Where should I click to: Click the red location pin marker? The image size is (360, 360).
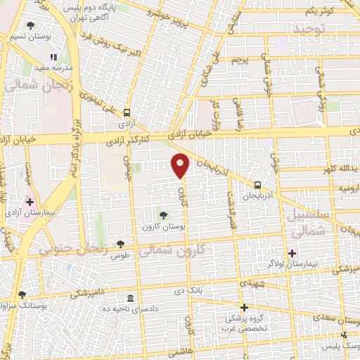pyautogui.click(x=181, y=165)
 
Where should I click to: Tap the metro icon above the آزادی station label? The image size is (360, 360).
pyautogui.click(x=127, y=112)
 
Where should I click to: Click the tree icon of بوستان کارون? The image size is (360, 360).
pyautogui.click(x=163, y=214)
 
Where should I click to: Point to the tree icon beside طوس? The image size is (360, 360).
pyautogui.click(x=121, y=243)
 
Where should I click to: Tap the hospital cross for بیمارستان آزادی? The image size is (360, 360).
pyautogui.click(x=29, y=202)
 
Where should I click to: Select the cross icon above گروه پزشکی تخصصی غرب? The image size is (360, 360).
pyautogui.click(x=244, y=307)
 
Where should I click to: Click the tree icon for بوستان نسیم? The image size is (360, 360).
pyautogui.click(x=29, y=26)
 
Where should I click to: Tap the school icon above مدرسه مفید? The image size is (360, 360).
pyautogui.click(x=53, y=57)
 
